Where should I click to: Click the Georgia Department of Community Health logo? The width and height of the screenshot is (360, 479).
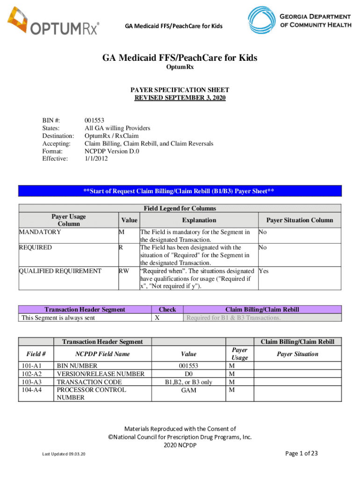(x=299, y=20)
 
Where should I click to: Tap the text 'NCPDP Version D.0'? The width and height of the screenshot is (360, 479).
(x=112, y=151)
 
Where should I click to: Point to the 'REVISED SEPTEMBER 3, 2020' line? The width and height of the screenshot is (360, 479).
(x=180, y=98)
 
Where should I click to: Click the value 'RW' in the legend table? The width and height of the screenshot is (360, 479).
(x=123, y=271)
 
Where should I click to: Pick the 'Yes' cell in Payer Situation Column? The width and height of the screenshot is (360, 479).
(x=263, y=271)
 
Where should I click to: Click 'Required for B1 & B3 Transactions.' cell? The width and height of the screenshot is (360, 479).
(x=234, y=318)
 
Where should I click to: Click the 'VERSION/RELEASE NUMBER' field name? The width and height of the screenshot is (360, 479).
(x=101, y=374)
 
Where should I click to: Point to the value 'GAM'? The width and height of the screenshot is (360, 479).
(x=188, y=390)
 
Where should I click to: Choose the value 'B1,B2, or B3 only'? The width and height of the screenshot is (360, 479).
(x=188, y=382)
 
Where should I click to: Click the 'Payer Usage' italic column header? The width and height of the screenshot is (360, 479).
(x=240, y=354)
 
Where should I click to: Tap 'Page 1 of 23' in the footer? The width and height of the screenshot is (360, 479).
(x=301, y=453)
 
